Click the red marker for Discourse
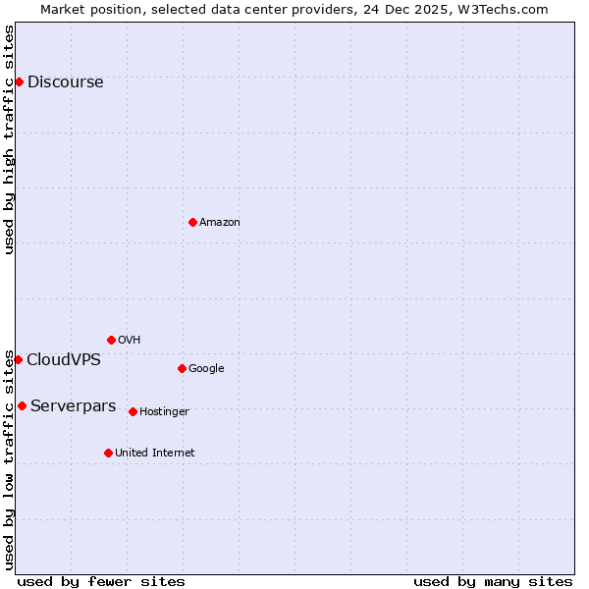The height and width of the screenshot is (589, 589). [x=19, y=81]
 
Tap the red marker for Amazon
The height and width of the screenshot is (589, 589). [x=192, y=222]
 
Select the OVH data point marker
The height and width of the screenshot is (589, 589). [x=111, y=340]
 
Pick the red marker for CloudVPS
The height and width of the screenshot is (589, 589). [x=18, y=359]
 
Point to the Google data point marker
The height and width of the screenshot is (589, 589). [x=182, y=368]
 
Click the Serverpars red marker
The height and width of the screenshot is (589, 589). [x=22, y=405]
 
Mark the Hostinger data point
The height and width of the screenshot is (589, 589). [x=133, y=411]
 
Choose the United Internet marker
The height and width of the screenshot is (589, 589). [x=108, y=453]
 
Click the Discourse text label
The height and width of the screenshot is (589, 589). [x=65, y=82]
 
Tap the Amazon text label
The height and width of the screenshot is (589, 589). [x=219, y=223]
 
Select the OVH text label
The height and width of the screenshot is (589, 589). [x=129, y=341]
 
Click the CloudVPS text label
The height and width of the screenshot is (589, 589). [x=63, y=360]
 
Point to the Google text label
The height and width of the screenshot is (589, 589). [x=206, y=369]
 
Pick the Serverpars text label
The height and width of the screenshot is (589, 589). [x=73, y=406]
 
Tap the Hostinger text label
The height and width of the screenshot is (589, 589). [x=164, y=412]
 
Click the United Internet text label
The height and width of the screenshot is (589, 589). [x=154, y=454]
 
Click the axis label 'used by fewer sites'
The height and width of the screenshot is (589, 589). [x=101, y=581]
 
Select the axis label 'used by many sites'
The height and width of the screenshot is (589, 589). [x=493, y=581]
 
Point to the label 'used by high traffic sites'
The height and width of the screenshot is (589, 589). [x=9, y=139]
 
